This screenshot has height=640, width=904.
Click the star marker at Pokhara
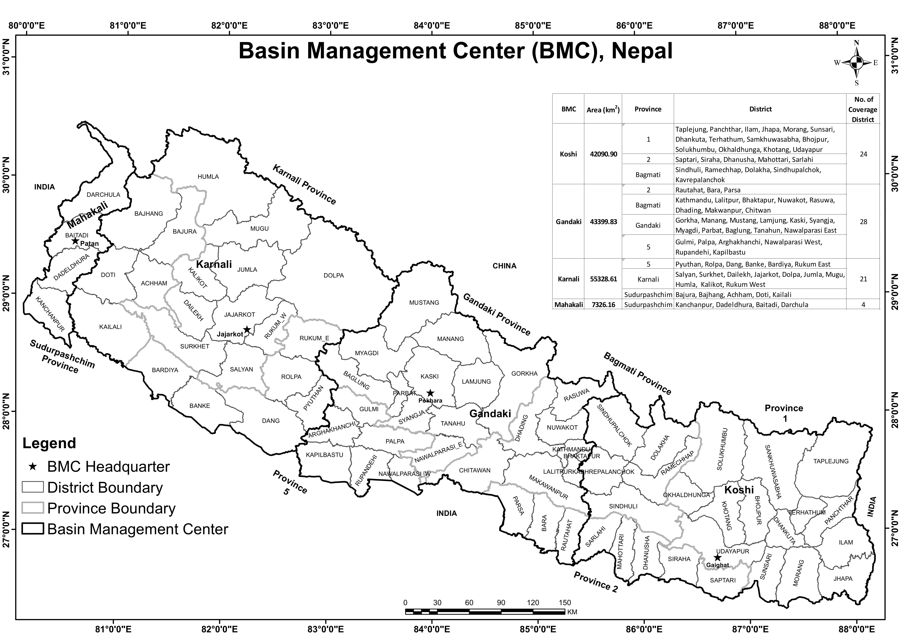pos(430,393)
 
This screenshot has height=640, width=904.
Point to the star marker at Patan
pos(75,241)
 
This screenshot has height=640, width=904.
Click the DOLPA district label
pos(334,276)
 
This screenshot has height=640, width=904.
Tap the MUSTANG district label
pos(424,303)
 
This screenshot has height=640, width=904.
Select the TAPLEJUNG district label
pos(831,461)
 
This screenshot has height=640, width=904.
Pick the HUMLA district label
pos(208,177)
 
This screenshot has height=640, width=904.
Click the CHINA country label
pos(504,266)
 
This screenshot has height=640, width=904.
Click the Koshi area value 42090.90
pos(603,154)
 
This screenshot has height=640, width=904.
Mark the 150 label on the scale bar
pos(564,603)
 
